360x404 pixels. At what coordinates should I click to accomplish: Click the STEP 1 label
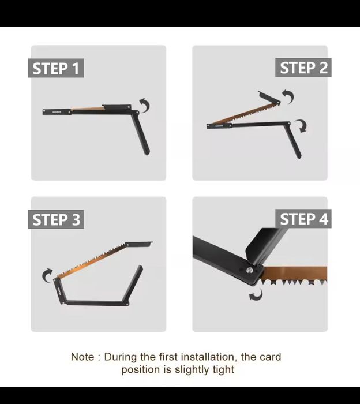tap(55, 68)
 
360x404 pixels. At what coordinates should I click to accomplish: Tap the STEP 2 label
tap(303, 68)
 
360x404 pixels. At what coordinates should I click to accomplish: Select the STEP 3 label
tap(55, 219)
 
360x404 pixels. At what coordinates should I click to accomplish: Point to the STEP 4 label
tap(303, 219)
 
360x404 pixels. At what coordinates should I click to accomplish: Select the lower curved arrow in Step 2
tap(303, 125)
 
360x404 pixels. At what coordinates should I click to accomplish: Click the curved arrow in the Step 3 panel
tap(46, 275)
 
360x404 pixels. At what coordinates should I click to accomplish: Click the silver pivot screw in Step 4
tap(249, 270)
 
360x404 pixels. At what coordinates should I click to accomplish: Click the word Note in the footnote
tap(82, 357)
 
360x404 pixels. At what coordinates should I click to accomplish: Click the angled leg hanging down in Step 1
tap(141, 133)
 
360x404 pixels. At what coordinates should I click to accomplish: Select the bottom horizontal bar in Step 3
tap(97, 303)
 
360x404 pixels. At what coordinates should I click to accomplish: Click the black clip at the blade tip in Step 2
tap(269, 97)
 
